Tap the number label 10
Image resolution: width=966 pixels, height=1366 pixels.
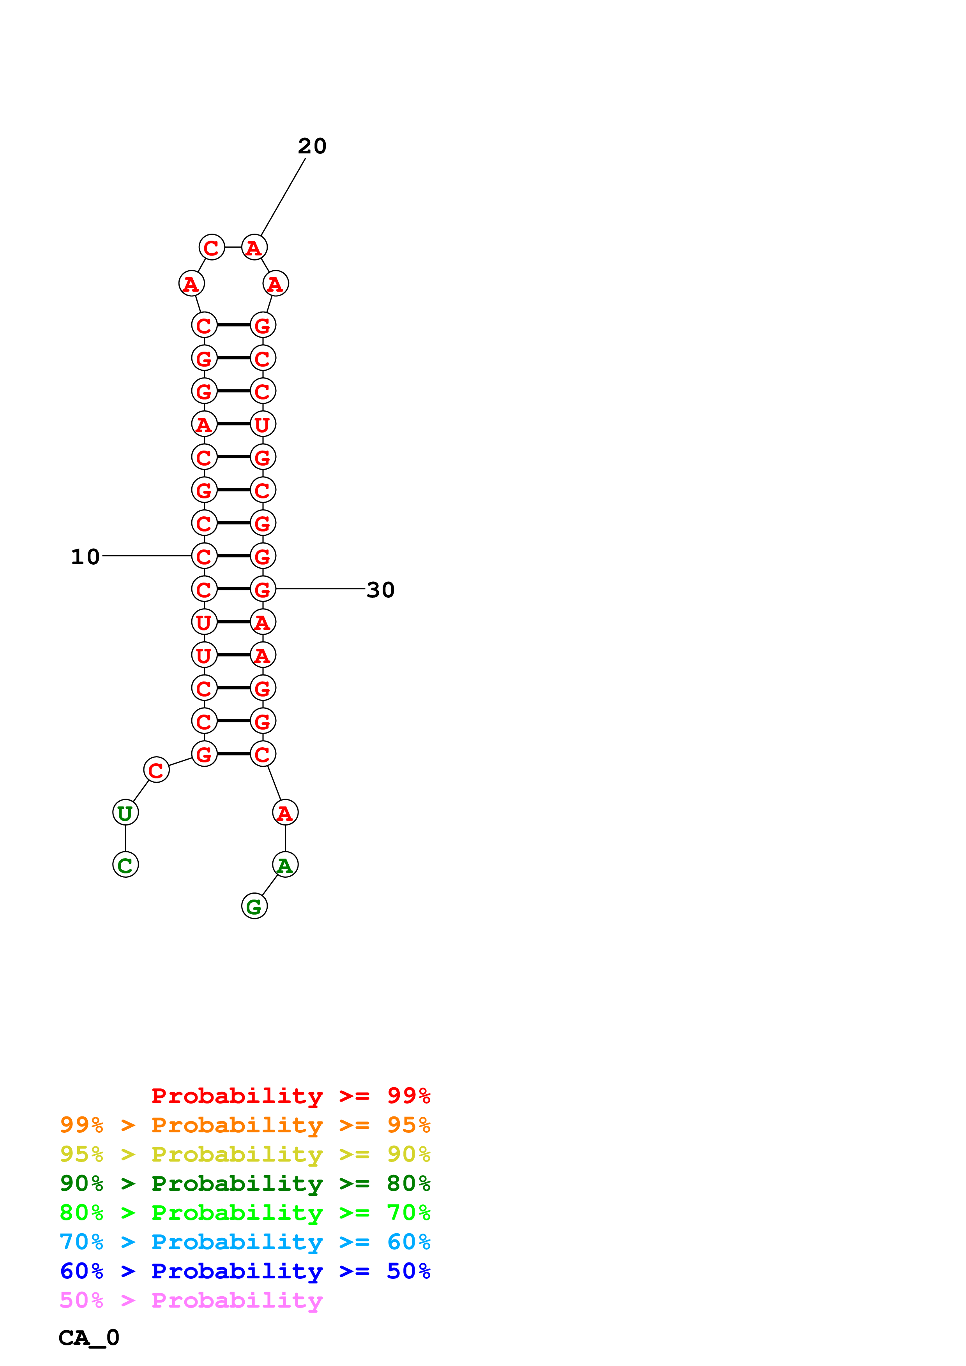point(85,557)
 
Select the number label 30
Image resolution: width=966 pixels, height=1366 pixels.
point(380,590)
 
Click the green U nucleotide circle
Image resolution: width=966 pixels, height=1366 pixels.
point(125,813)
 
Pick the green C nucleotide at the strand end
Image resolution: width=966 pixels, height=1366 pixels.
point(125,865)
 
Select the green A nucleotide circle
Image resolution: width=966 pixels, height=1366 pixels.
point(285,865)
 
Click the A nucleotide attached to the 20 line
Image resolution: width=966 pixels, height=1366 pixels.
point(254,248)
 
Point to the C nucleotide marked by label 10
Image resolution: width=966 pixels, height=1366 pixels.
point(204,556)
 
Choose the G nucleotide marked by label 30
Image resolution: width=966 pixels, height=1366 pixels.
point(263,590)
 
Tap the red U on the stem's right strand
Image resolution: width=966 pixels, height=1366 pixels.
point(263,424)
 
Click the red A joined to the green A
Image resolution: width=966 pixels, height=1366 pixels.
point(285,813)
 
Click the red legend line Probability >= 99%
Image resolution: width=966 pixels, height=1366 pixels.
point(290,1096)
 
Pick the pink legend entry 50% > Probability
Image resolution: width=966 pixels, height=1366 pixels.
point(191,1301)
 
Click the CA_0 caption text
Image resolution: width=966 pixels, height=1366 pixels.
point(89,1338)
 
